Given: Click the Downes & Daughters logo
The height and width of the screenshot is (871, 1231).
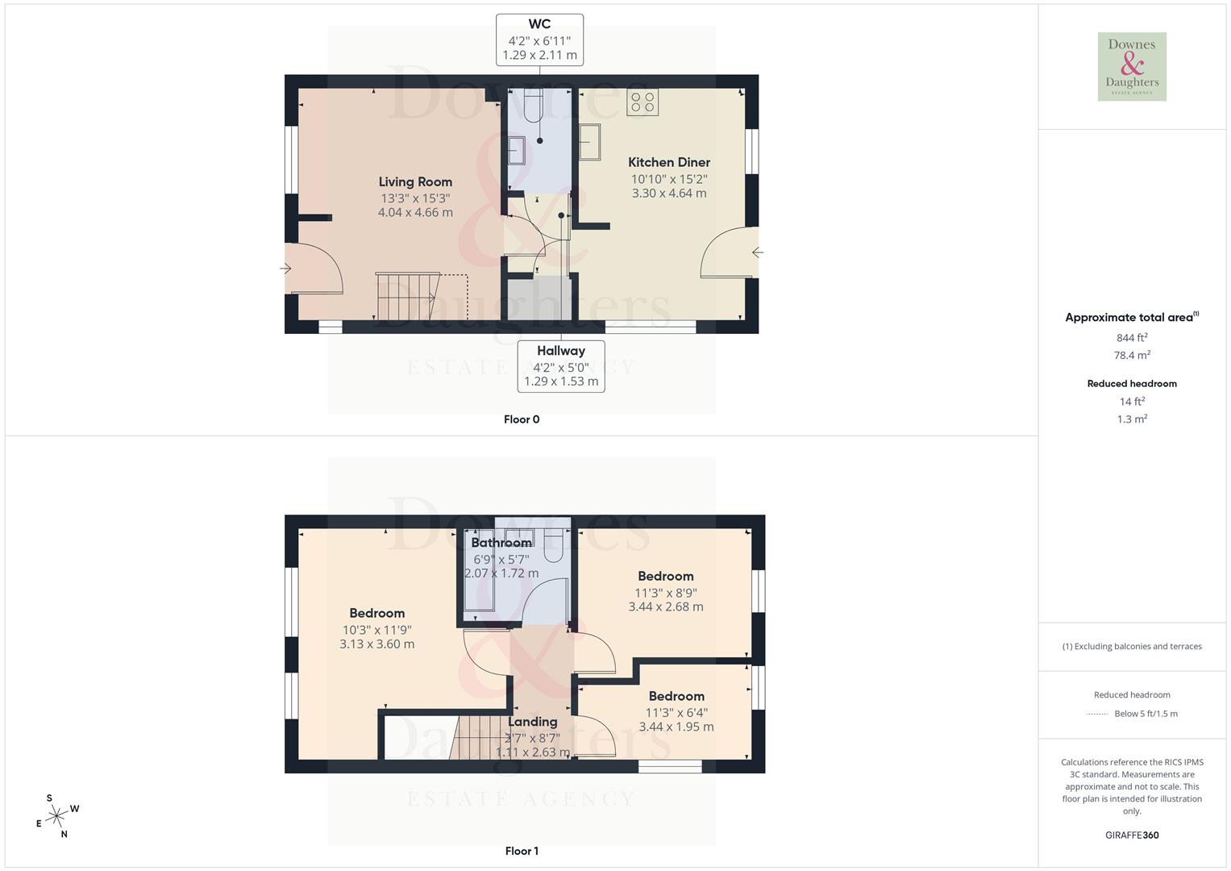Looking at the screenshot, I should tap(1132, 67).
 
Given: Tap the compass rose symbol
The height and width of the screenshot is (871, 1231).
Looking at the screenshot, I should tap(56, 816).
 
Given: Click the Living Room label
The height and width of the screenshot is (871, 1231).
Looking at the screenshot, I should tap(415, 182).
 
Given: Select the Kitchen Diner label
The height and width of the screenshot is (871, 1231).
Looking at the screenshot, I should tap(669, 162).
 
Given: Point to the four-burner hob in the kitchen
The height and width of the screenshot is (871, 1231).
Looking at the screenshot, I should tap(643, 102).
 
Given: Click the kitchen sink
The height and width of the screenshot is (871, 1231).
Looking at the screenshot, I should tap(589, 142).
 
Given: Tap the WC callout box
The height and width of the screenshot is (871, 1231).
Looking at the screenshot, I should tap(539, 40).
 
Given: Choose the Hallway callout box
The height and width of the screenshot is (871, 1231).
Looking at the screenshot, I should tap(561, 366).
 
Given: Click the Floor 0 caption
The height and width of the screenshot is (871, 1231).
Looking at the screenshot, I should tap(522, 419).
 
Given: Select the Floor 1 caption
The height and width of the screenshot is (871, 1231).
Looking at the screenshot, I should tap(522, 851).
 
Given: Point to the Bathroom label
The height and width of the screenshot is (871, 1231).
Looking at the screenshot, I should tap(501, 543).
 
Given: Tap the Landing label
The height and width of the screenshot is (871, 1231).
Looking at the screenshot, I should tap(533, 722).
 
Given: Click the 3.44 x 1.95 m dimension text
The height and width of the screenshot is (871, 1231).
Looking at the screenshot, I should tap(676, 727).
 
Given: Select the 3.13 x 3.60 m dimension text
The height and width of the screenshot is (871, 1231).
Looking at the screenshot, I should tap(377, 644).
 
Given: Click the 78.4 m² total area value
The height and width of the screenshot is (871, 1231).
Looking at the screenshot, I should tap(1132, 355).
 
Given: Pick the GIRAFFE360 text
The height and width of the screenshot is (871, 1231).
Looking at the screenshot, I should tap(1132, 836).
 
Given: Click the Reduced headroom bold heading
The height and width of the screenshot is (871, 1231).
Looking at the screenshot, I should tap(1132, 384).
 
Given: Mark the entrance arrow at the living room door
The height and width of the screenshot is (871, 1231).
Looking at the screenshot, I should tap(285, 269).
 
